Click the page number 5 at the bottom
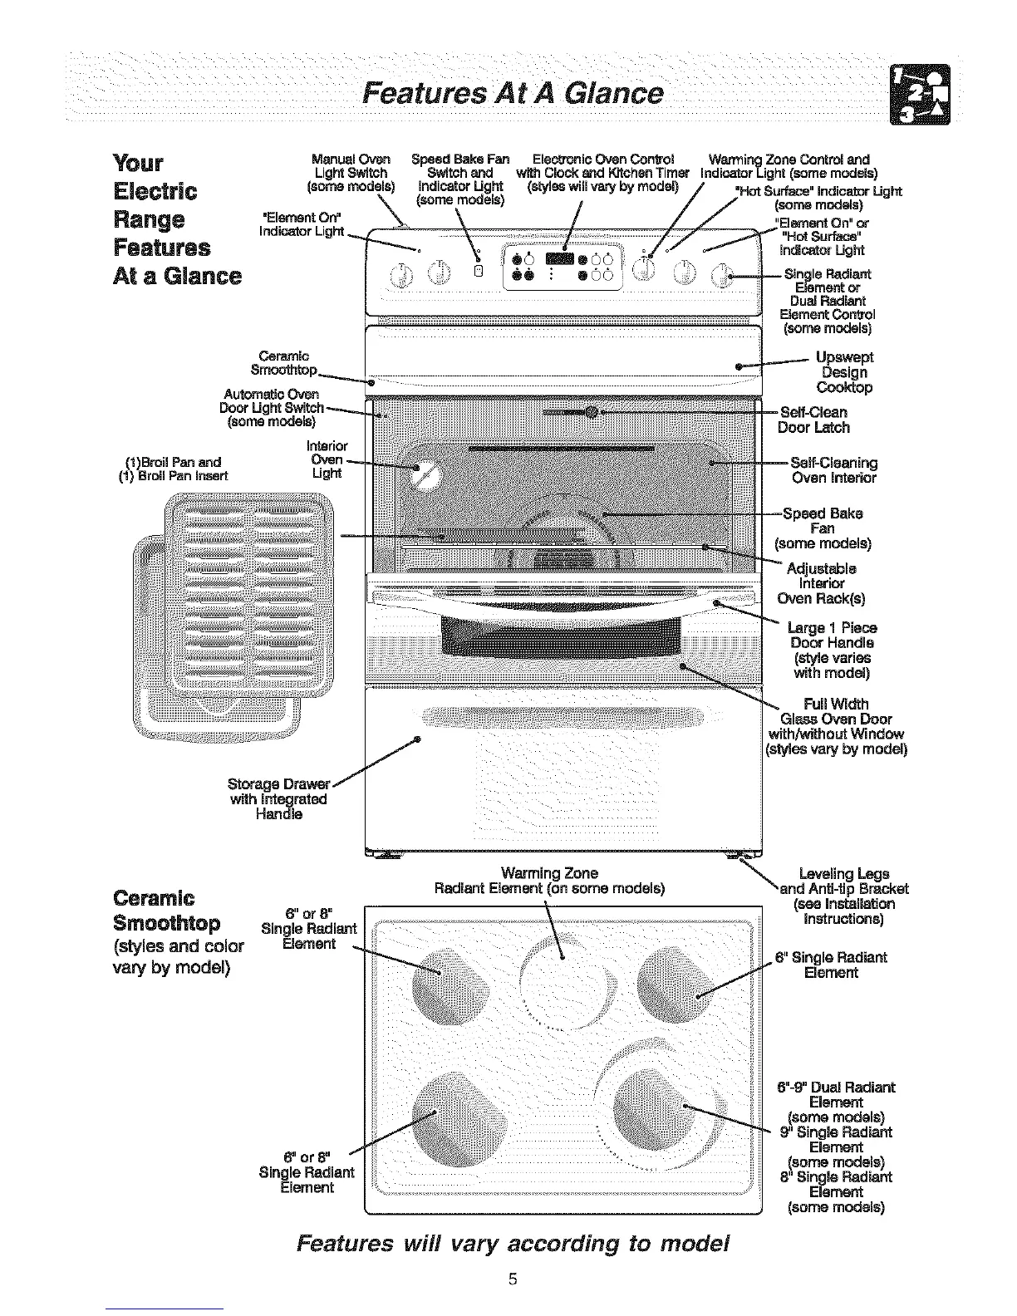pyautogui.click(x=513, y=1279)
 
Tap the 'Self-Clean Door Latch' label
pyautogui.click(x=813, y=420)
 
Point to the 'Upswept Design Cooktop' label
pyautogui.click(x=844, y=372)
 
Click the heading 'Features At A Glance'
pyautogui.click(x=508, y=91)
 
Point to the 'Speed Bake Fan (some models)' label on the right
pyautogui.click(x=823, y=528)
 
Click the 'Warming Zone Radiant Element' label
pyautogui.click(x=549, y=881)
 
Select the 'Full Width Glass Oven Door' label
pyautogui.click(x=835, y=727)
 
